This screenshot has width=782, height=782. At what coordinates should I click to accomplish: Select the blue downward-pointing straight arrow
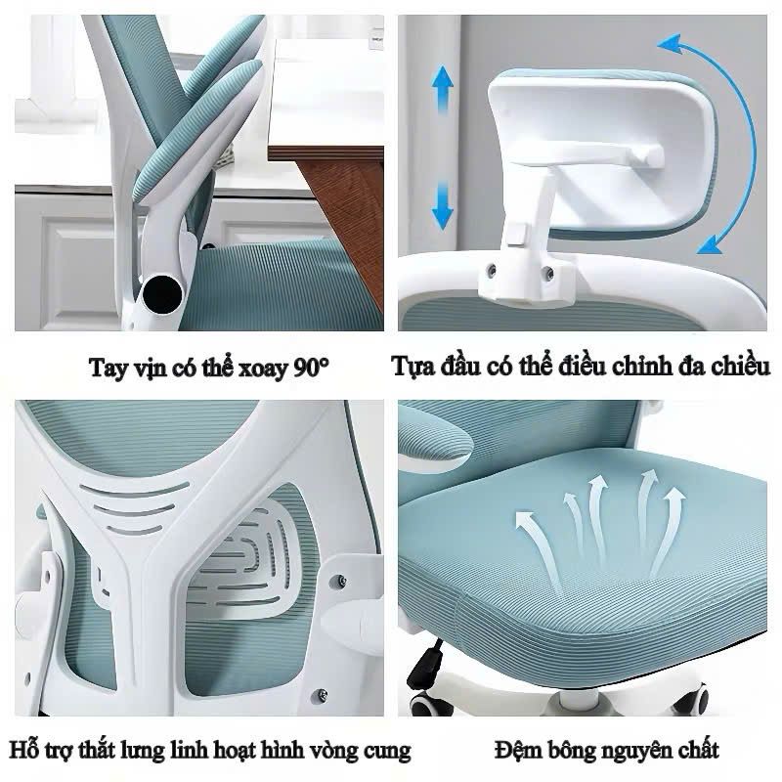443,205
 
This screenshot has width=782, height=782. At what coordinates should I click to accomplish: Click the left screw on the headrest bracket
492,270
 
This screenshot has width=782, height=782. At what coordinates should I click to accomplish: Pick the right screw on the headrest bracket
547,273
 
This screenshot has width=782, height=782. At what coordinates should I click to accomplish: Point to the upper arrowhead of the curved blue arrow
671,44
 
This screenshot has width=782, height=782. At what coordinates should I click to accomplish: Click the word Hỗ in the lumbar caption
22,750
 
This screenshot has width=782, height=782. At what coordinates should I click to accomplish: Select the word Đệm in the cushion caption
518,750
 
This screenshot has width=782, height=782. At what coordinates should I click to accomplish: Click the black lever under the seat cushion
426,665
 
